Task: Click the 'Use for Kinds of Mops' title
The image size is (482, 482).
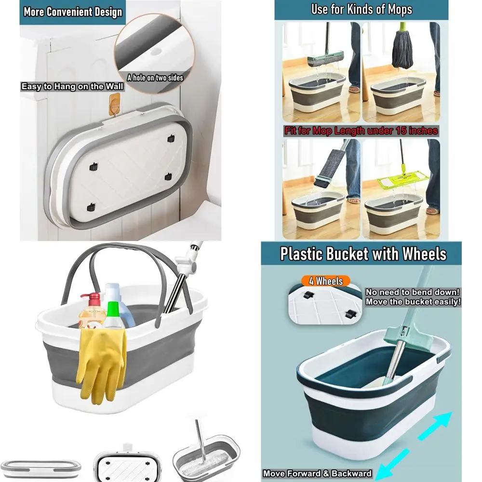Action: tap(361, 9)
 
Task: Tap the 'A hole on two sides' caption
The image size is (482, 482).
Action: tap(155, 77)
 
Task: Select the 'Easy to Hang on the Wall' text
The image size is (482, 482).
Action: tap(72, 87)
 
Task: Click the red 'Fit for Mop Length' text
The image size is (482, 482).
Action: tap(361, 131)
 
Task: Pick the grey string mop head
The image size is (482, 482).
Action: tap(402, 51)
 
